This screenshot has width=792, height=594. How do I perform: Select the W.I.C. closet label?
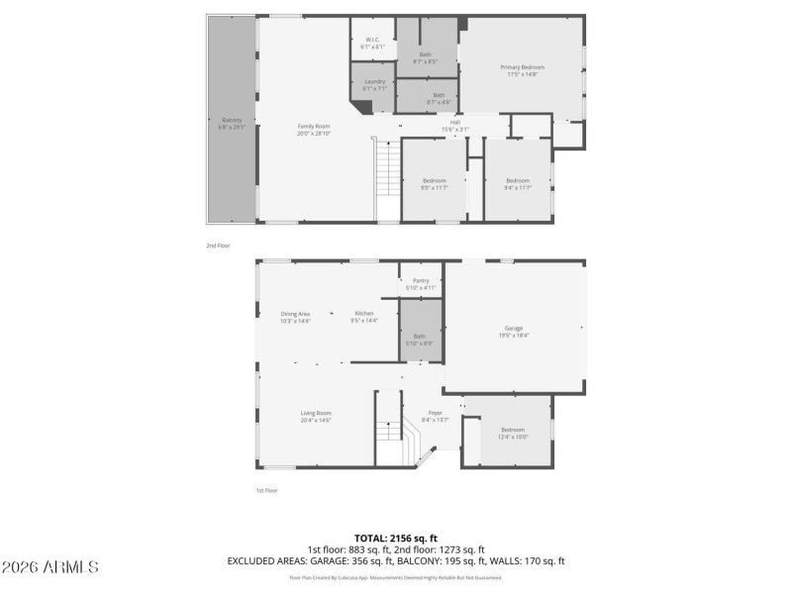tap(371, 42)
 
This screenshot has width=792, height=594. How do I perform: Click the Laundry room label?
tap(374, 84)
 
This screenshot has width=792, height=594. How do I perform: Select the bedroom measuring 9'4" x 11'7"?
tap(518, 183)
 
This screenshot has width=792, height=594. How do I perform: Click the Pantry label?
tap(421, 284)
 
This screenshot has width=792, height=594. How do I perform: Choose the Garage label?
tap(514, 331)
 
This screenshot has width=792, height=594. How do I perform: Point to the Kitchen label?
tap(364, 316)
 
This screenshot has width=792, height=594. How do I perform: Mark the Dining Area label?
tap(296, 316)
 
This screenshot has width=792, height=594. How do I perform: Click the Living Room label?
tap(316, 416)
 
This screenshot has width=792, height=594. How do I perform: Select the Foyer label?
tap(436, 416)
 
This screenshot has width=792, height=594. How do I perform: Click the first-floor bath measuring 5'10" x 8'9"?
tap(421, 340)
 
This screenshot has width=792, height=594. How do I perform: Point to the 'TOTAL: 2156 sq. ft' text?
tap(396, 538)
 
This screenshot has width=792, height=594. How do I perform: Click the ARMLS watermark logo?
tap(49, 567)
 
